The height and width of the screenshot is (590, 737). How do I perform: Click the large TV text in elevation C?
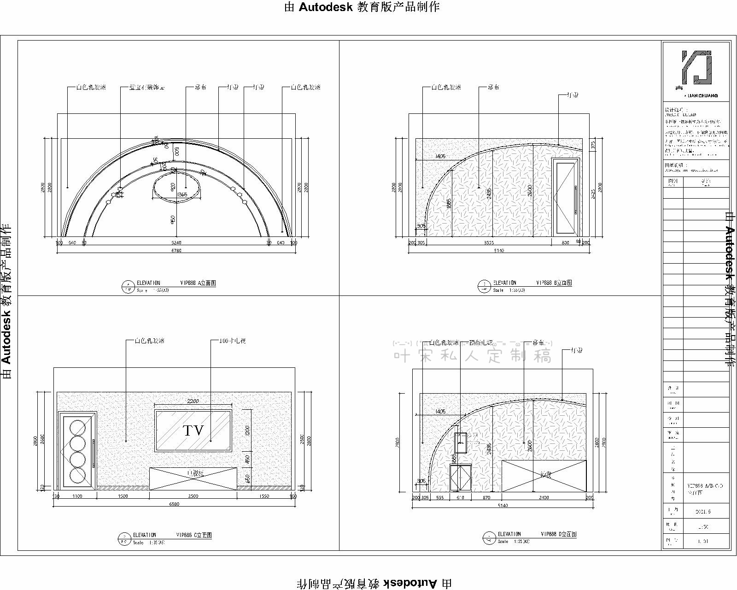[193, 431]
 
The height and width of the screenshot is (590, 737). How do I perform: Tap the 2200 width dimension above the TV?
[193, 401]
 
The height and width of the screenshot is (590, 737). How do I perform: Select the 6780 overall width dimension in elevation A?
[176, 251]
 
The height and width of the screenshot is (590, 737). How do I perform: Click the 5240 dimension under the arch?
[176, 243]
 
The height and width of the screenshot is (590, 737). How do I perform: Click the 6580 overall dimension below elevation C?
[174, 504]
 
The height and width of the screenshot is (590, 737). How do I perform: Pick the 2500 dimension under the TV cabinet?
[193, 496]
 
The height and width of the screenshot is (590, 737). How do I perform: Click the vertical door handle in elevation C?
[94, 454]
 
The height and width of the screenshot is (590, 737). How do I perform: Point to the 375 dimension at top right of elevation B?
[593, 145]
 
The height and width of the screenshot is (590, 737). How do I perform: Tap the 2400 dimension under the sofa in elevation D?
[544, 498]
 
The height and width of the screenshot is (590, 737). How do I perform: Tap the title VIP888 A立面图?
[197, 283]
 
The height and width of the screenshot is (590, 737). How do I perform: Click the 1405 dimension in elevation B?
[440, 156]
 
